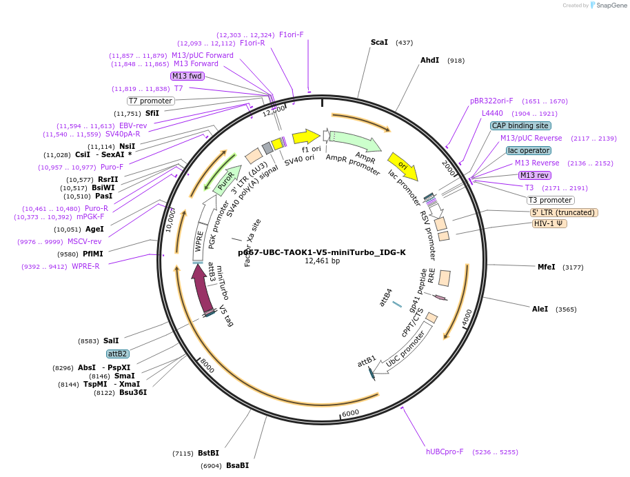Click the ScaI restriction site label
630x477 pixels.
tap(379, 43)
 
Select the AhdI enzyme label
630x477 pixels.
tap(429, 61)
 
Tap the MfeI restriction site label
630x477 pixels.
tap(546, 267)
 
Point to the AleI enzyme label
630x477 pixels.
tap(540, 309)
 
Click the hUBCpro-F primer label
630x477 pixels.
tap(445, 451)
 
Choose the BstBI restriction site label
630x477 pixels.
tap(208, 453)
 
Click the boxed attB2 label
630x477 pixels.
tap(118, 354)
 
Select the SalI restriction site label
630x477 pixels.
tap(111, 341)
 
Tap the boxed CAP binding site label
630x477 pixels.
tap(520, 126)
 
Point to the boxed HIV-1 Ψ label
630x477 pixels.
tap(550, 223)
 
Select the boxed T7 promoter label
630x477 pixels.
tap(151, 101)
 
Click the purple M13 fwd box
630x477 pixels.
tap(187, 76)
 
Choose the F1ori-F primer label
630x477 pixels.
tap(291, 34)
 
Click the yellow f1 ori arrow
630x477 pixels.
tap(306, 136)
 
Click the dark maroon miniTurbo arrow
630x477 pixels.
tap(203, 288)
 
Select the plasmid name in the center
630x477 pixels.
tap(322, 252)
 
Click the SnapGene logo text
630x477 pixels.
tap(610, 6)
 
